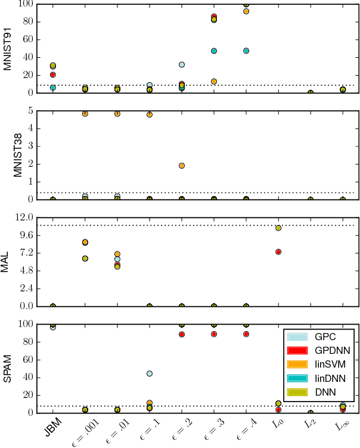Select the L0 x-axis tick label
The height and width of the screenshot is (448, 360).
[x=277, y=425]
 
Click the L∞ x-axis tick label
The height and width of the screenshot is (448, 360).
[x=341, y=425]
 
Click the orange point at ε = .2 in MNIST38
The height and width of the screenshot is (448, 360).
[x=182, y=166]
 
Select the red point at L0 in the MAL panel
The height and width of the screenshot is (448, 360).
[x=278, y=252]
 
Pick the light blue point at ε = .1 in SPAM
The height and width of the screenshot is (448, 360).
[x=150, y=374]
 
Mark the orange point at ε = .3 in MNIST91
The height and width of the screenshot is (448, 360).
[x=214, y=81]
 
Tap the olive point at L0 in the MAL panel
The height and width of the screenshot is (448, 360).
[x=278, y=228]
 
